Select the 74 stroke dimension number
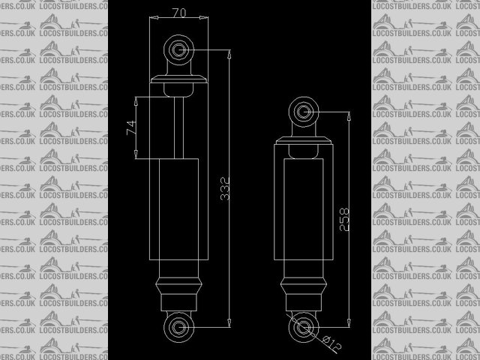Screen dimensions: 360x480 click(x=131, y=127)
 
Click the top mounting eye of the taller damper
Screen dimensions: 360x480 click(x=179, y=50)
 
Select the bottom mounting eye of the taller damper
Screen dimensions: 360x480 click(x=179, y=326)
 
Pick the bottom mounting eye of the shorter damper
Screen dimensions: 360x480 click(x=303, y=326)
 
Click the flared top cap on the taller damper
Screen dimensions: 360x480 click(x=179, y=79)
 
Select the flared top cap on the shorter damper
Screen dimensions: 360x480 click(x=304, y=140)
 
